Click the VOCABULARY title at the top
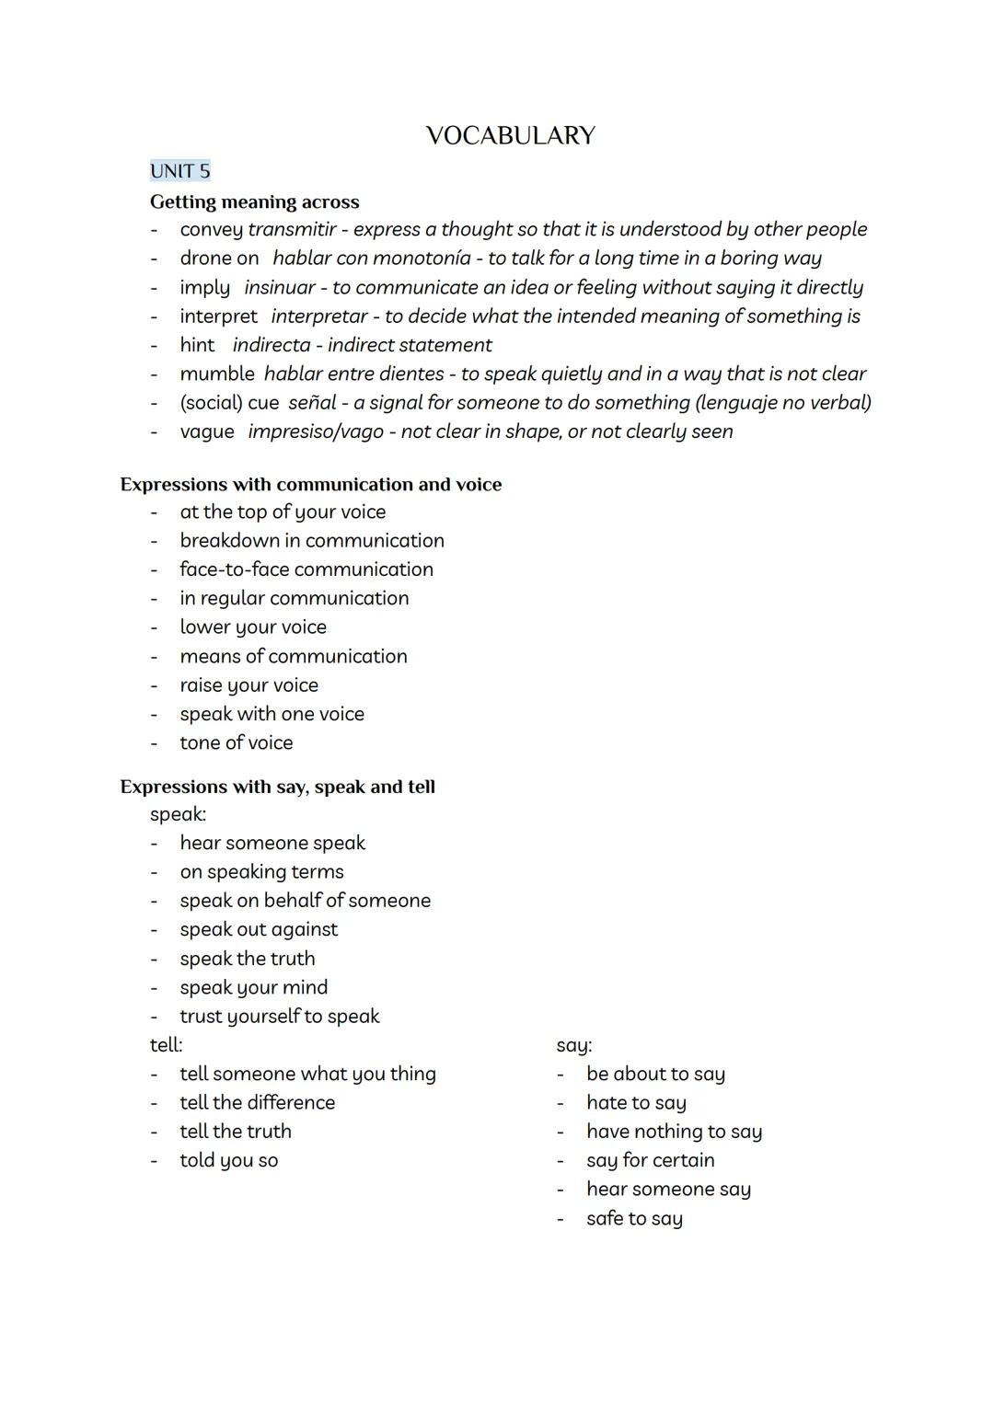click(511, 136)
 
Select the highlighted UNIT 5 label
click(180, 171)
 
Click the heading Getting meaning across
click(254, 201)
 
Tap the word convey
click(211, 229)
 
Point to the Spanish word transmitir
click(292, 229)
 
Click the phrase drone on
click(219, 259)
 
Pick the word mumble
click(216, 374)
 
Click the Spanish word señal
click(312, 402)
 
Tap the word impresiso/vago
click(315, 431)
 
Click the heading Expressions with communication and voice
click(311, 484)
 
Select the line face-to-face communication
click(306, 569)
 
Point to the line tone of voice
click(237, 742)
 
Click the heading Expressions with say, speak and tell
click(277, 787)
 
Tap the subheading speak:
click(178, 814)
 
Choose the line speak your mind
click(253, 987)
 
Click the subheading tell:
click(167, 1045)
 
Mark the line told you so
click(228, 1160)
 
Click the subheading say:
click(574, 1045)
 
